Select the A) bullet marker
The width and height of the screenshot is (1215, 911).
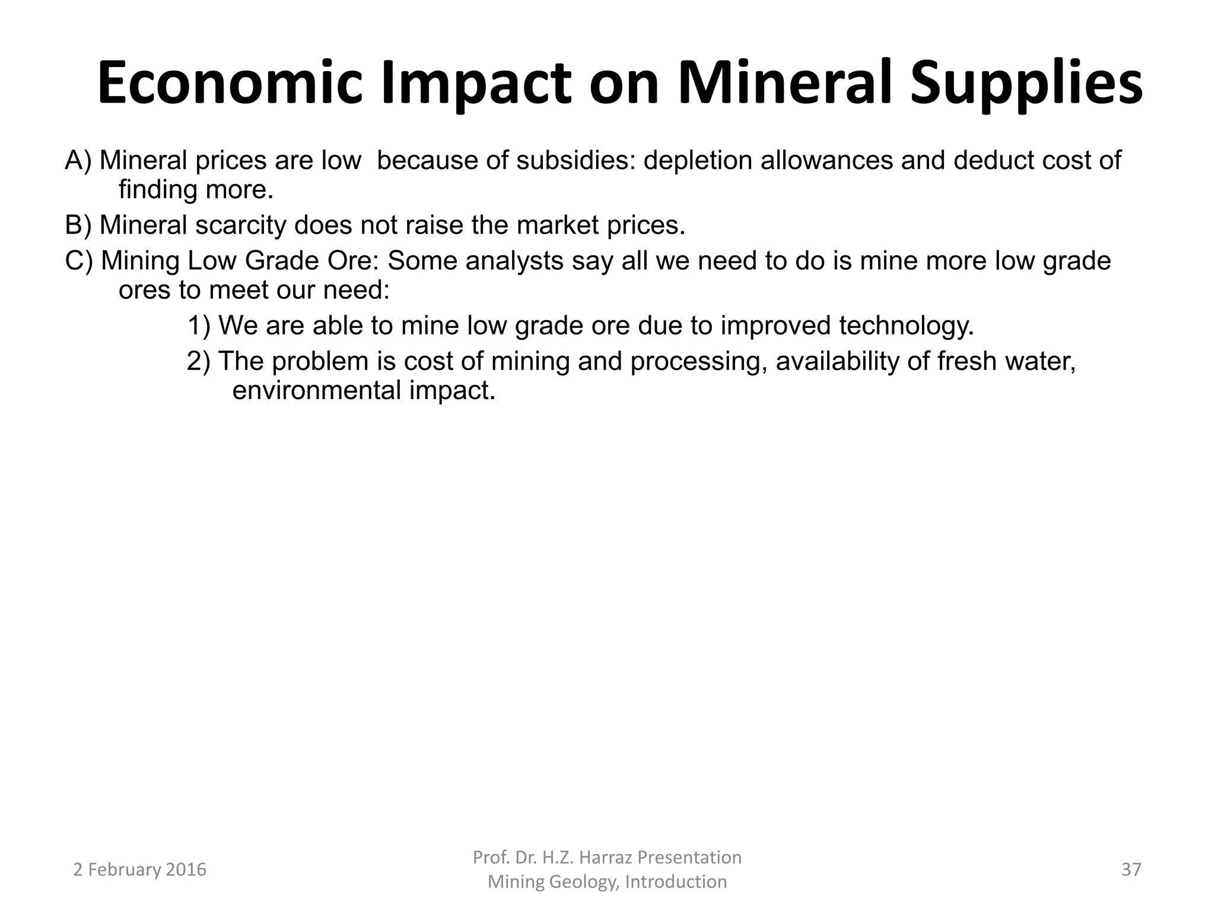pos(78,160)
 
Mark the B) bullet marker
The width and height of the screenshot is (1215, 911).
pos(78,225)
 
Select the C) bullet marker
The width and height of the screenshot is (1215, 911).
pos(79,260)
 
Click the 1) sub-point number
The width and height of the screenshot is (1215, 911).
pos(199,326)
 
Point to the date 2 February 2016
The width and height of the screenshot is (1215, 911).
pos(139,869)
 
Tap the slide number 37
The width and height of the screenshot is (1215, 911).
pos(1131,869)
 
